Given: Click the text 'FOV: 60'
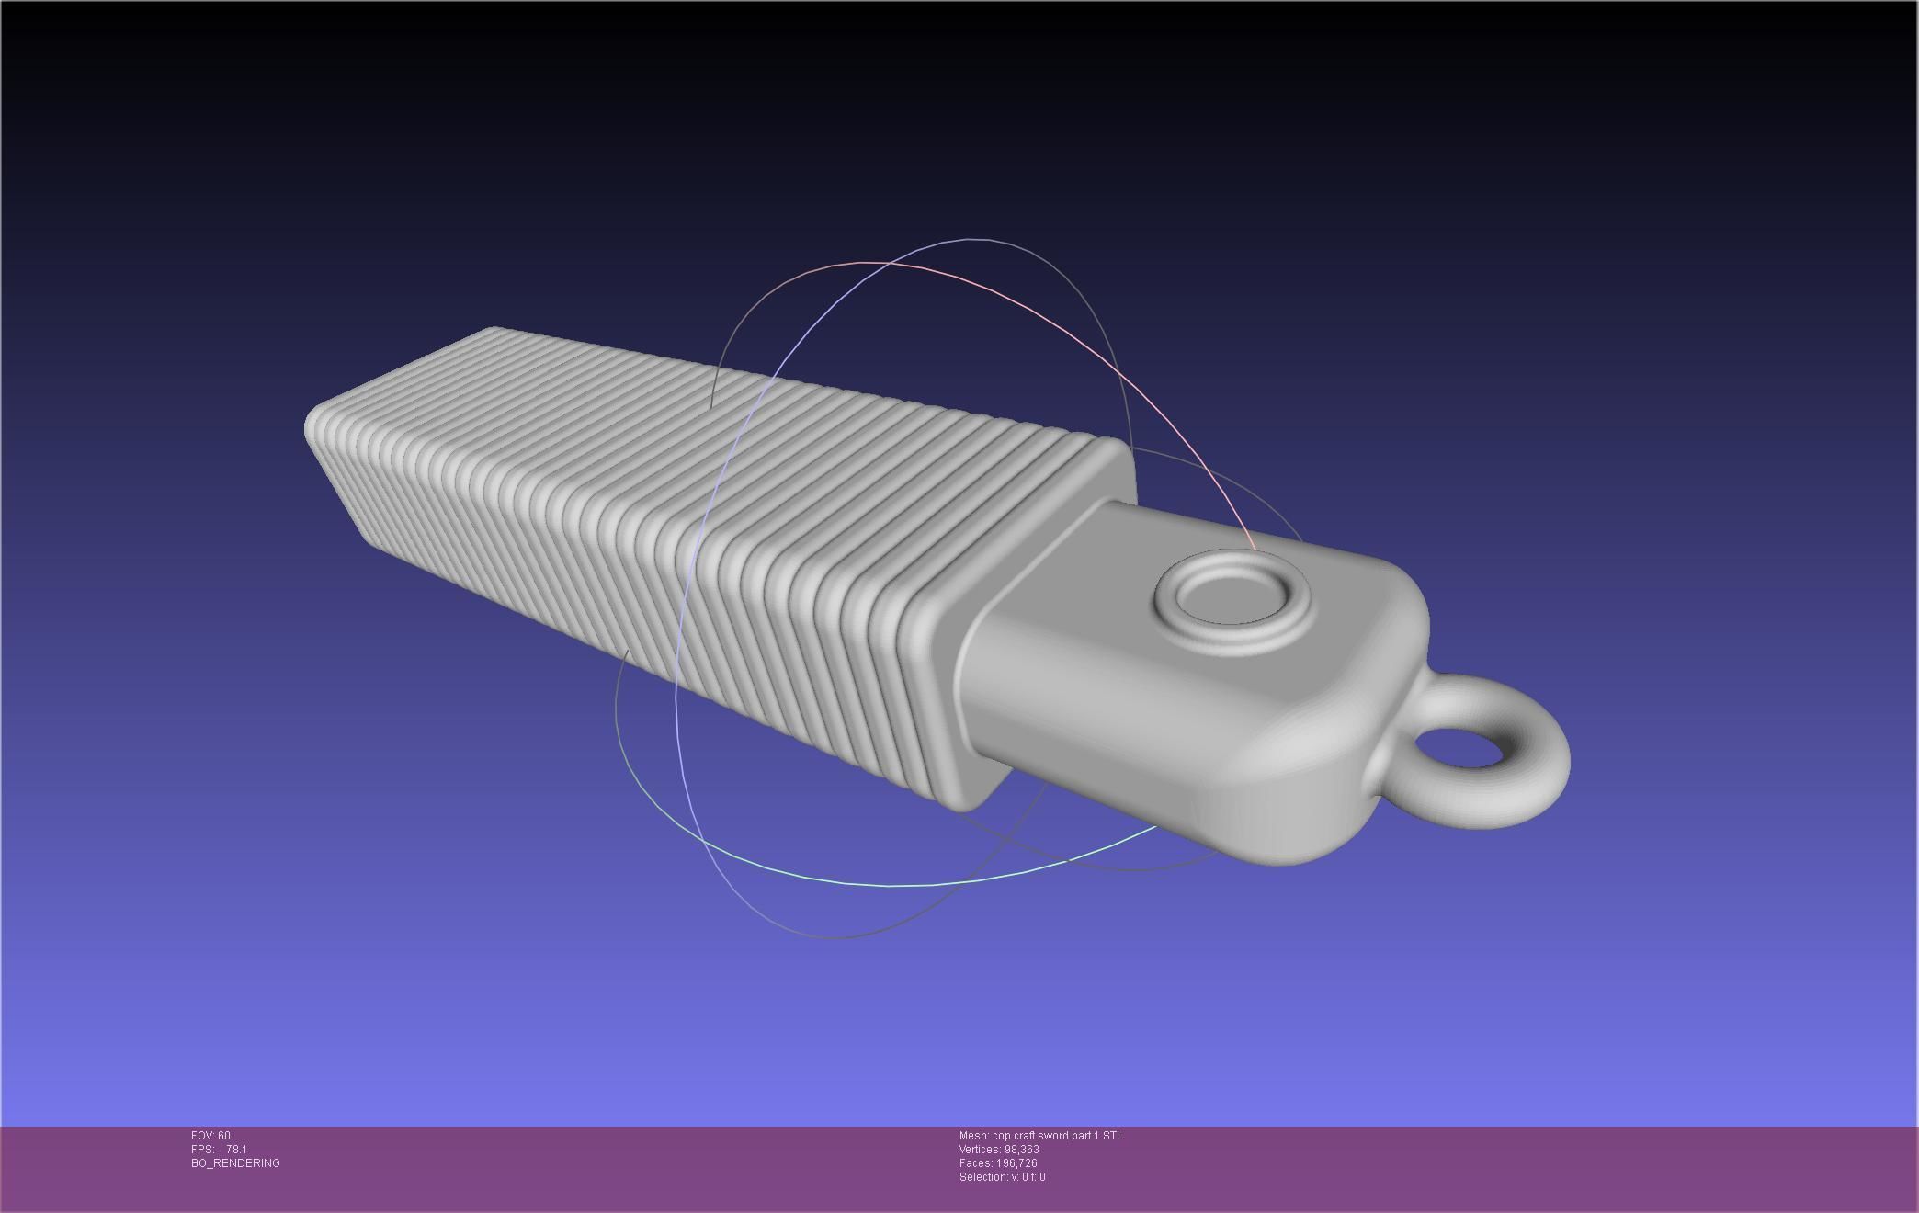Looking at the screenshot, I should click(210, 1136).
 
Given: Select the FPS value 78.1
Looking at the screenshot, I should click(236, 1150).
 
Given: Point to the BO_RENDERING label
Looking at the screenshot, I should click(235, 1163).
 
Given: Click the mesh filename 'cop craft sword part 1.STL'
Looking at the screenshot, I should click(1057, 1136).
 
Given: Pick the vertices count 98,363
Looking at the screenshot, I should click(1022, 1150).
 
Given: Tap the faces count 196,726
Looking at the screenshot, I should click(1016, 1163).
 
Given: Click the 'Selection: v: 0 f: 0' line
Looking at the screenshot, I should click(1002, 1177).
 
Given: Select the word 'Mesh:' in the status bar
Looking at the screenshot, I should click(973, 1136).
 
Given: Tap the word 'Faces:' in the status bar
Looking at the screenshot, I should click(976, 1163).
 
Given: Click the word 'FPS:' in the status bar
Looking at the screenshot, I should click(202, 1150).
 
